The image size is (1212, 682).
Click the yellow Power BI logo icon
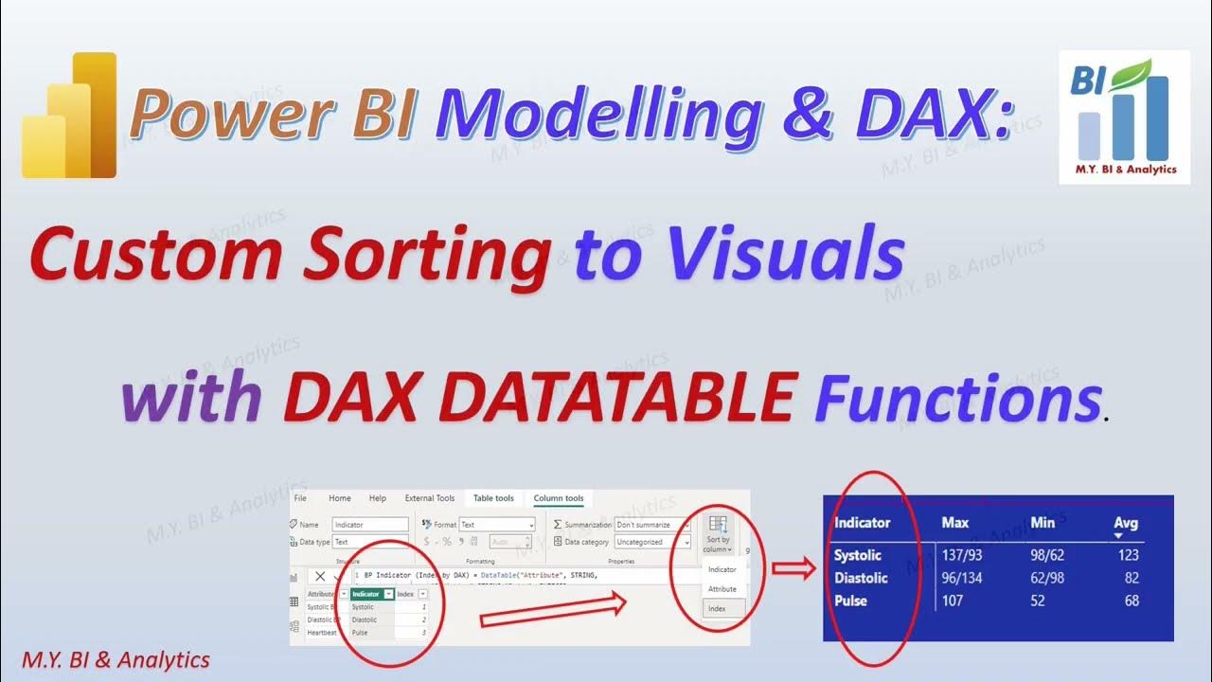(x=69, y=116)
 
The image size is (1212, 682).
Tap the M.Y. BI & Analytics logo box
(x=1124, y=117)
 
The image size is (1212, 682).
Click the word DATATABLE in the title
(x=538, y=399)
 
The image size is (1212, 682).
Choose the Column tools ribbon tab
(x=559, y=498)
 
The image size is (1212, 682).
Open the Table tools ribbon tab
(x=493, y=498)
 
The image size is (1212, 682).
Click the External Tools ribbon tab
(x=430, y=498)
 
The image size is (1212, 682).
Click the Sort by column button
(x=718, y=535)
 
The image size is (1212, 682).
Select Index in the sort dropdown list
(x=717, y=609)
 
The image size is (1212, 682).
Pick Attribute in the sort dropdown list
(x=722, y=589)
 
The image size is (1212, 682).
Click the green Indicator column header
(x=371, y=594)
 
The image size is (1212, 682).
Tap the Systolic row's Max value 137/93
(x=964, y=555)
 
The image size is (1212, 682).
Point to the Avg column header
(x=1125, y=523)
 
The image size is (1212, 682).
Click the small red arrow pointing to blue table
(x=793, y=569)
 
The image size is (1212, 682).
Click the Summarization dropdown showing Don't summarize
(x=651, y=525)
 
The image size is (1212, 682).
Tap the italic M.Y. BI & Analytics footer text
(x=115, y=659)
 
